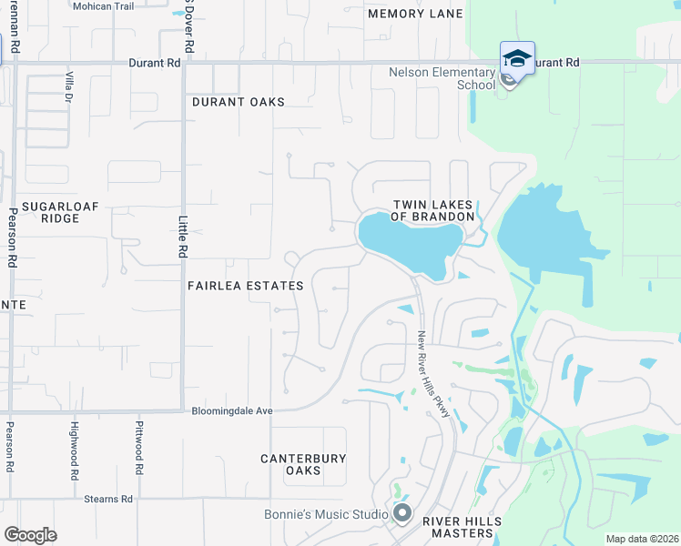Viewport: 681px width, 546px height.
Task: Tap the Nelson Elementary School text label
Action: tap(442, 78)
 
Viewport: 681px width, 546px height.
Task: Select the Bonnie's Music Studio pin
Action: tap(402, 514)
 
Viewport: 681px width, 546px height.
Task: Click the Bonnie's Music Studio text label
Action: tap(326, 514)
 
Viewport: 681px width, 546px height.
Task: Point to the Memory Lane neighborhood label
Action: tap(415, 14)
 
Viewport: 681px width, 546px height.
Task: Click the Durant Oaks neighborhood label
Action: tap(238, 102)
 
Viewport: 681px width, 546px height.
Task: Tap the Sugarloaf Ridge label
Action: tap(50, 213)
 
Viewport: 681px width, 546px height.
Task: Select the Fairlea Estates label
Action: tap(245, 286)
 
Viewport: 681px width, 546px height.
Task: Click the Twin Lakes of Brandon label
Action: tap(432, 211)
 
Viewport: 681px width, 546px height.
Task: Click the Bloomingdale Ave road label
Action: tap(232, 411)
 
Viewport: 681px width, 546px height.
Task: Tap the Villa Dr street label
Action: tap(68, 87)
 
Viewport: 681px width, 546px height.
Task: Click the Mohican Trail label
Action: tap(104, 6)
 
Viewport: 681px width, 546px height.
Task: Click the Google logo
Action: tap(31, 534)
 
